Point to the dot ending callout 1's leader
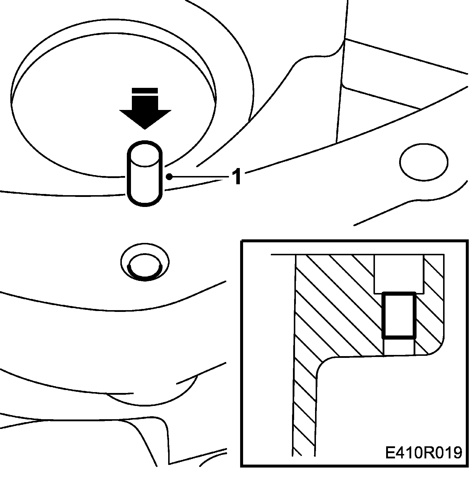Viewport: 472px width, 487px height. [169, 177]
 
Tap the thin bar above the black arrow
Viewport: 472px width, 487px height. [145, 90]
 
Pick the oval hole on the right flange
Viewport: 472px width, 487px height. [424, 162]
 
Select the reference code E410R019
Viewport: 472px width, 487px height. [423, 453]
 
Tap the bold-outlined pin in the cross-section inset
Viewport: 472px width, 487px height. [399, 315]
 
